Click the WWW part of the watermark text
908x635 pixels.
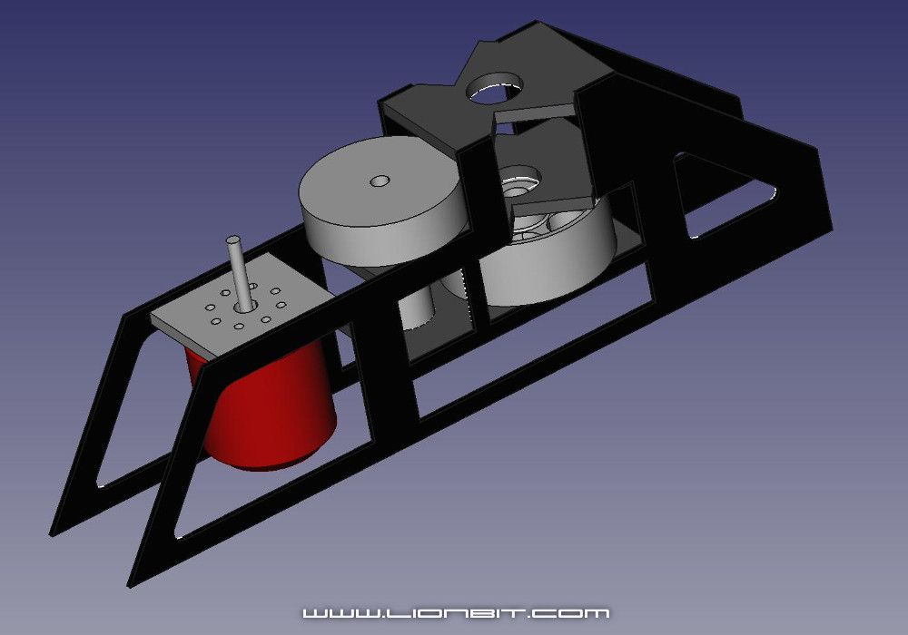332,614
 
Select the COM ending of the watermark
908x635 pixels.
581,614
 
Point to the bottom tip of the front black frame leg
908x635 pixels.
136,581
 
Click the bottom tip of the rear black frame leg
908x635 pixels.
57,530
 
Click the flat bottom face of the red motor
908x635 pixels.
272,459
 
